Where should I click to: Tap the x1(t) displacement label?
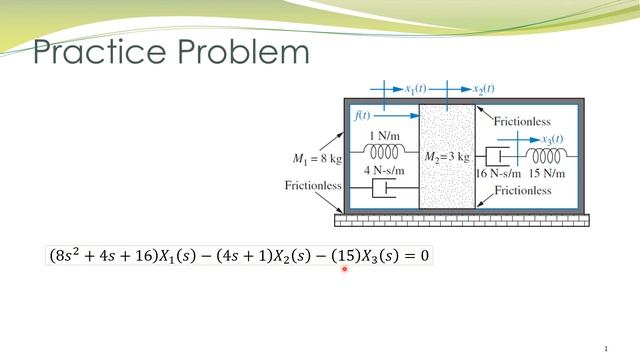pyautogui.click(x=411, y=89)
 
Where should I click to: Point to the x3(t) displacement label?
pyautogui.click(x=546, y=139)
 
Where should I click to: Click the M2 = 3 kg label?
pyautogui.click(x=446, y=158)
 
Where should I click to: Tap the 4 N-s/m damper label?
pyautogui.click(x=384, y=170)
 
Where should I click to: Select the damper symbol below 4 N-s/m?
pyautogui.click(x=384, y=187)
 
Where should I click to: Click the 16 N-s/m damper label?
pyautogui.click(x=499, y=174)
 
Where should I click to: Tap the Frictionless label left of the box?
pyautogui.click(x=313, y=185)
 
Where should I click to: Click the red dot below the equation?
pyautogui.click(x=345, y=269)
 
